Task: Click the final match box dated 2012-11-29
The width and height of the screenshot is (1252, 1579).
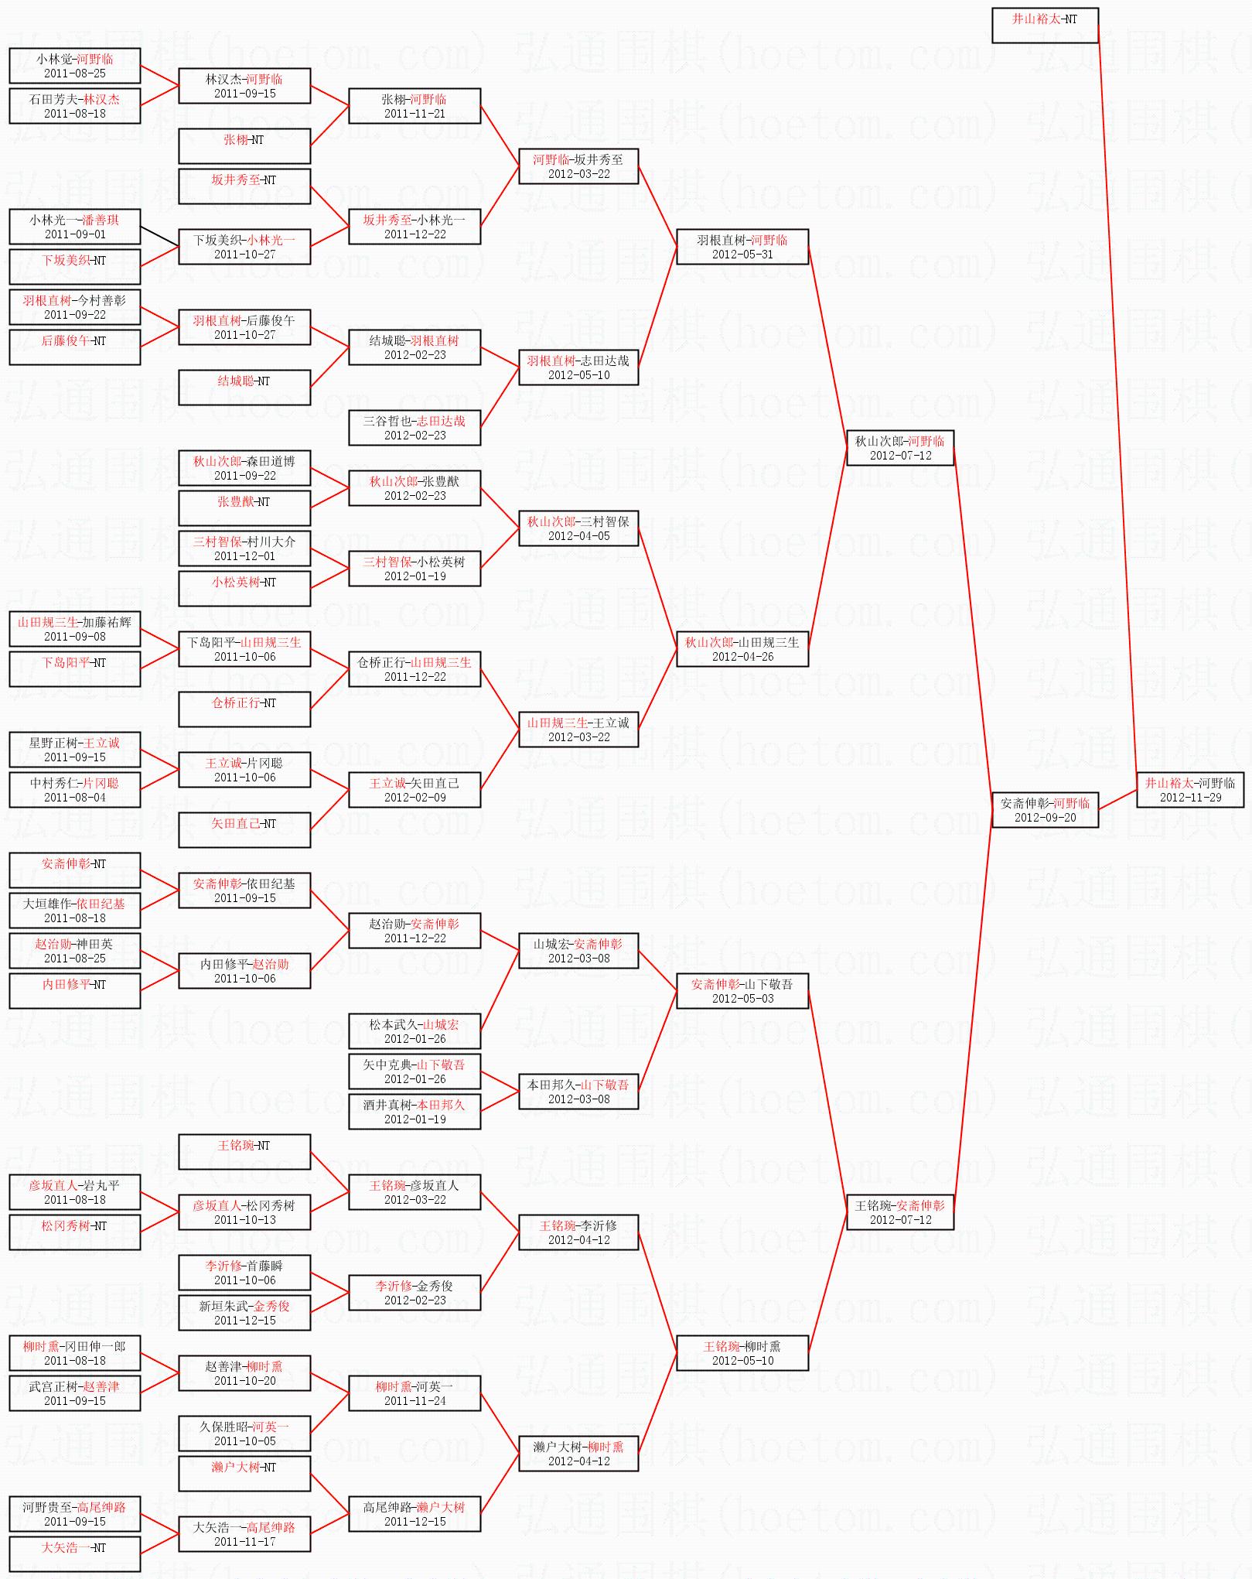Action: tap(1189, 789)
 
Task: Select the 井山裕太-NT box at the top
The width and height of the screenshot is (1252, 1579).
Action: tap(1045, 25)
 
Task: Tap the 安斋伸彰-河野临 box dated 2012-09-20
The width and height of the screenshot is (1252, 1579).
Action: tap(1045, 809)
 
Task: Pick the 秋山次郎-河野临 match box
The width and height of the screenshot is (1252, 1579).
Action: tap(899, 447)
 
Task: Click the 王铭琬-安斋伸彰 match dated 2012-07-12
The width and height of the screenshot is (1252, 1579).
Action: tap(899, 1212)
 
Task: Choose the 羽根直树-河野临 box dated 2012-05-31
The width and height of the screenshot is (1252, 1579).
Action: tap(742, 246)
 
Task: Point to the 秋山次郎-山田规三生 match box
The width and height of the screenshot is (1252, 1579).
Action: tap(742, 648)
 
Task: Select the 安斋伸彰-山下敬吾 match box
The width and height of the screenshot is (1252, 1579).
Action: tap(742, 990)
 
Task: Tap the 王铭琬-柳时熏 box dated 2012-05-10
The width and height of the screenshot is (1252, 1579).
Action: tap(742, 1352)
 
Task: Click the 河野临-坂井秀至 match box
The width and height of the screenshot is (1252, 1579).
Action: tap(578, 166)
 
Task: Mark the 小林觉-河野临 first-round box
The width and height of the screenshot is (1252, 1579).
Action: tap(74, 65)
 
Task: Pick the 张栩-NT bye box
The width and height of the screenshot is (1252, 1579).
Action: tap(244, 145)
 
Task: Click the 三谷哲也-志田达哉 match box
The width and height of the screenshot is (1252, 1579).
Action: tap(414, 427)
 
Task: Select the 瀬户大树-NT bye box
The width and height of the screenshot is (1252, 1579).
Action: tap(244, 1473)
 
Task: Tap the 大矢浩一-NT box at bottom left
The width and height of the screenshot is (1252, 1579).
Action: tap(74, 1553)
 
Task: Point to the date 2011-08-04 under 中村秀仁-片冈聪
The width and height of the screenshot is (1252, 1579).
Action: tap(74, 798)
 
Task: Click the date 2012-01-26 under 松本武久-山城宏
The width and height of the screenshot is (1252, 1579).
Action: tap(414, 1039)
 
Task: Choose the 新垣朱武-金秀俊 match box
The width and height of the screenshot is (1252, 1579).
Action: tap(244, 1312)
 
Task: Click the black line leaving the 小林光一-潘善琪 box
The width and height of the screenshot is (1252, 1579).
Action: tap(160, 236)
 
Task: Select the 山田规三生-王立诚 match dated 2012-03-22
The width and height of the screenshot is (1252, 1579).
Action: tap(578, 729)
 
